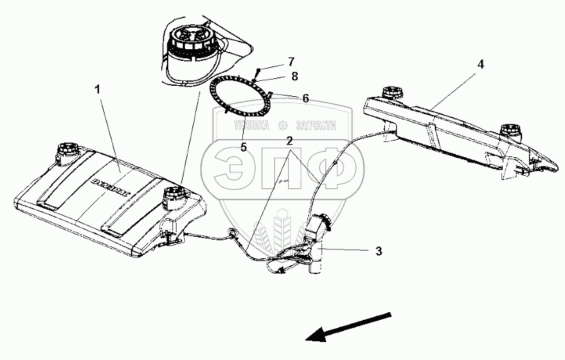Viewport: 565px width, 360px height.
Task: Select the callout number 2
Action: click(x=288, y=140)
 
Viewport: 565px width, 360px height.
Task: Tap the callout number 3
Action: click(x=378, y=251)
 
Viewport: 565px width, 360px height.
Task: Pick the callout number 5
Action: click(x=243, y=146)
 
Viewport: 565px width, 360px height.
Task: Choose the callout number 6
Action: click(x=305, y=99)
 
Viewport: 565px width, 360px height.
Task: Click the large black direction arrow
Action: click(x=346, y=327)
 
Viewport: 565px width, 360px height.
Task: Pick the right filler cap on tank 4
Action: click(x=510, y=129)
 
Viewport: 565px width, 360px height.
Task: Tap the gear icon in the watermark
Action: click(x=282, y=126)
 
